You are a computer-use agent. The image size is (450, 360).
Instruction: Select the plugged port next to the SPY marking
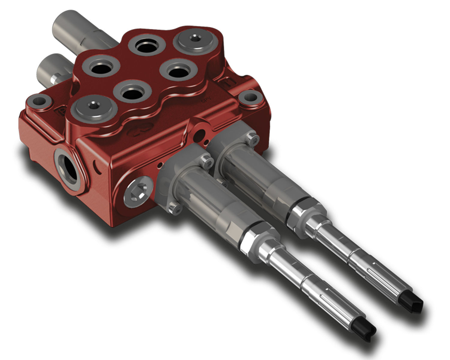(x=195, y=40)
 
